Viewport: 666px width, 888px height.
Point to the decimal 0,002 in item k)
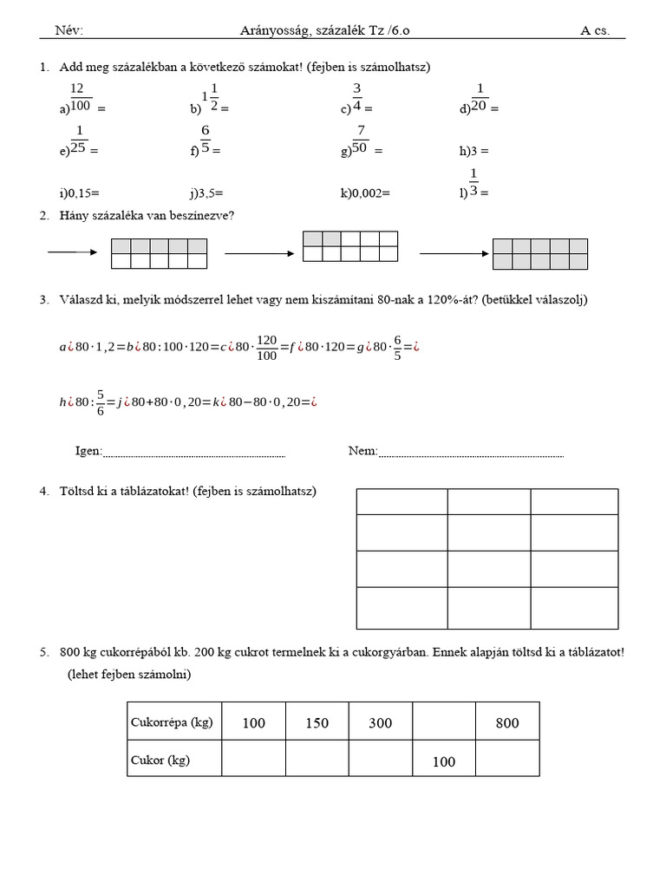[369, 193]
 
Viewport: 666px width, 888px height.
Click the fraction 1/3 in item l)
[473, 184]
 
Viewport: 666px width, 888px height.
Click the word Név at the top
[68, 30]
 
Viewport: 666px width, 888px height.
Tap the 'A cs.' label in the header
[595, 30]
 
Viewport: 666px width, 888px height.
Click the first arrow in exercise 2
[73, 252]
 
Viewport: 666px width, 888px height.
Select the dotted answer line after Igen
[194, 453]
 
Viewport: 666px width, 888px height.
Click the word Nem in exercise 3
[362, 450]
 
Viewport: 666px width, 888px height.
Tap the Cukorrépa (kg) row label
[172, 721]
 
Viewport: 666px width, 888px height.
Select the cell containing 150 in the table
[317, 722]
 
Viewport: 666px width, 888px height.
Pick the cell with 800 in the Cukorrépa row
[507, 722]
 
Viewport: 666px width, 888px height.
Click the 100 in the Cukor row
[443, 761]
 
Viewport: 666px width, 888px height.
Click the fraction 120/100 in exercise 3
[266, 348]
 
